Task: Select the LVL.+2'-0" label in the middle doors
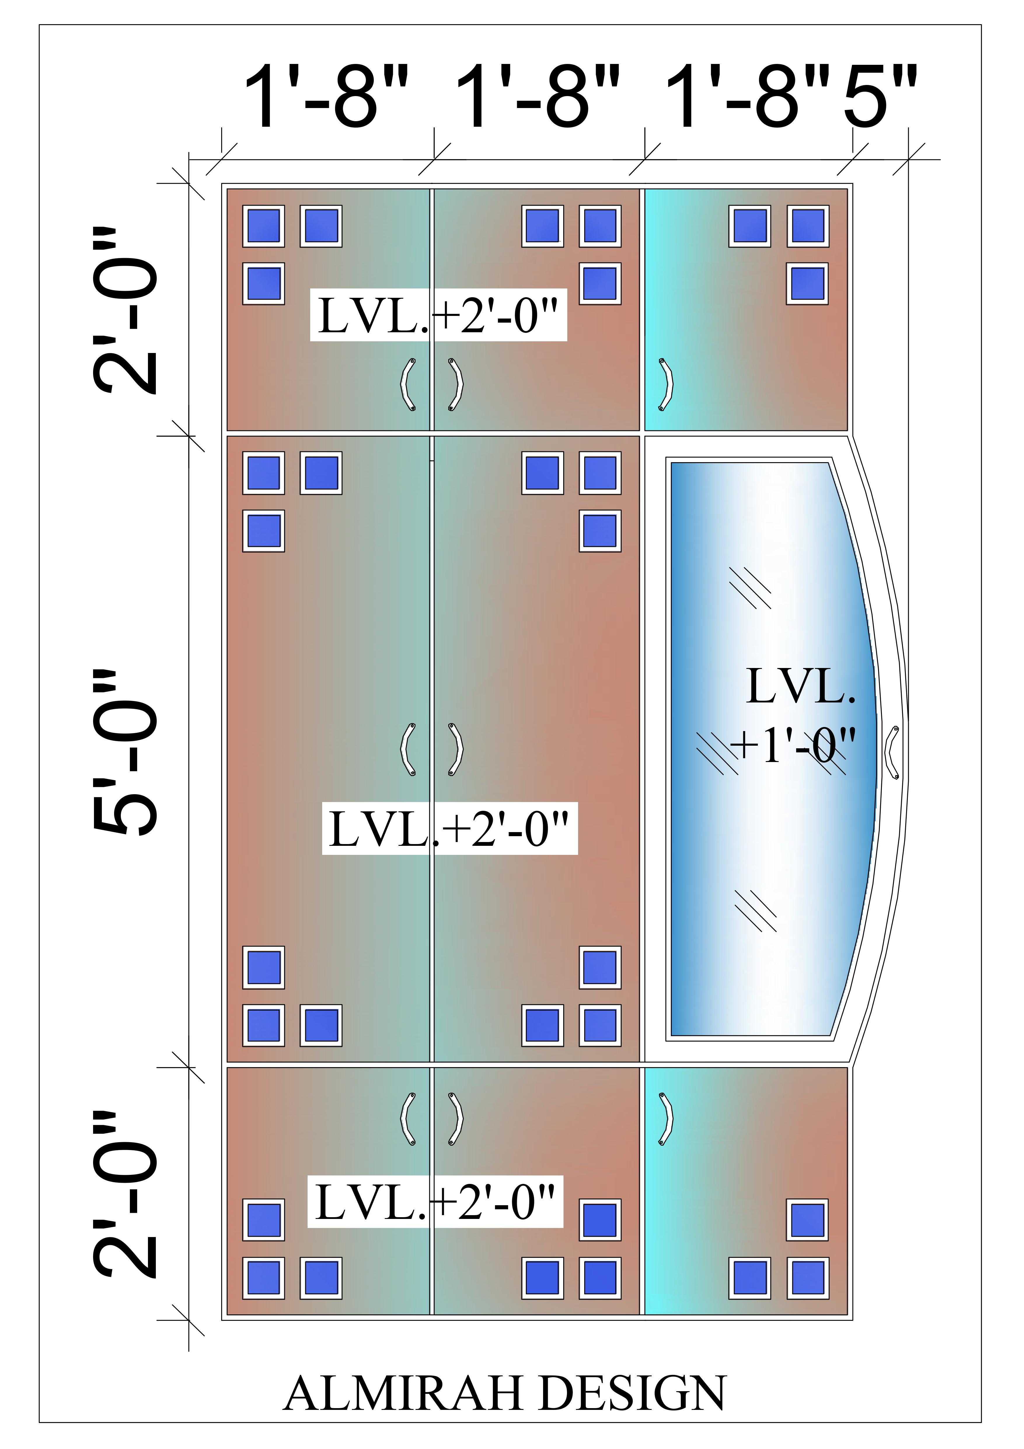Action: click(449, 829)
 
